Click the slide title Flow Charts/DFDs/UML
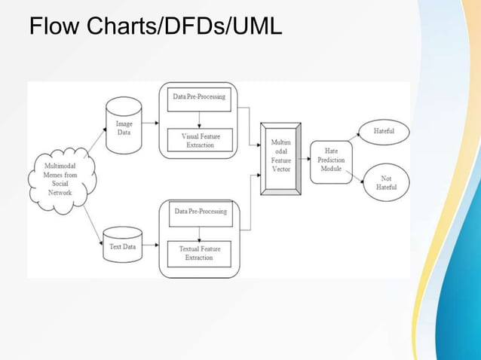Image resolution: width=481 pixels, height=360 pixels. pyautogui.click(x=155, y=27)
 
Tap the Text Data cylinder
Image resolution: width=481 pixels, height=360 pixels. pyautogui.click(x=124, y=246)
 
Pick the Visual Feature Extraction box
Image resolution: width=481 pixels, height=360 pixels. pyautogui.click(x=200, y=140)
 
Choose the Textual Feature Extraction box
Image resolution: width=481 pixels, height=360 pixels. pyautogui.click(x=200, y=252)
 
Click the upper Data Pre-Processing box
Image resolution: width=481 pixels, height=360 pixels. pyautogui.click(x=200, y=98)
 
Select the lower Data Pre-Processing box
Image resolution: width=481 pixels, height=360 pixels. pyautogui.click(x=200, y=212)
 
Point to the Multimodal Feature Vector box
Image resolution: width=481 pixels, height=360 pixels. pyautogui.click(x=280, y=159)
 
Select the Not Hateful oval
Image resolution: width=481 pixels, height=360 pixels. pyautogui.click(x=386, y=182)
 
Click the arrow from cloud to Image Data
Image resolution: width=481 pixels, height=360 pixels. pyautogui.click(x=94, y=140)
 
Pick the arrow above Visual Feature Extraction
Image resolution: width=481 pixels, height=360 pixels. pyautogui.click(x=198, y=120)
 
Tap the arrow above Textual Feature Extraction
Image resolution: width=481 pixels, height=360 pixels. pyautogui.click(x=198, y=233)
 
